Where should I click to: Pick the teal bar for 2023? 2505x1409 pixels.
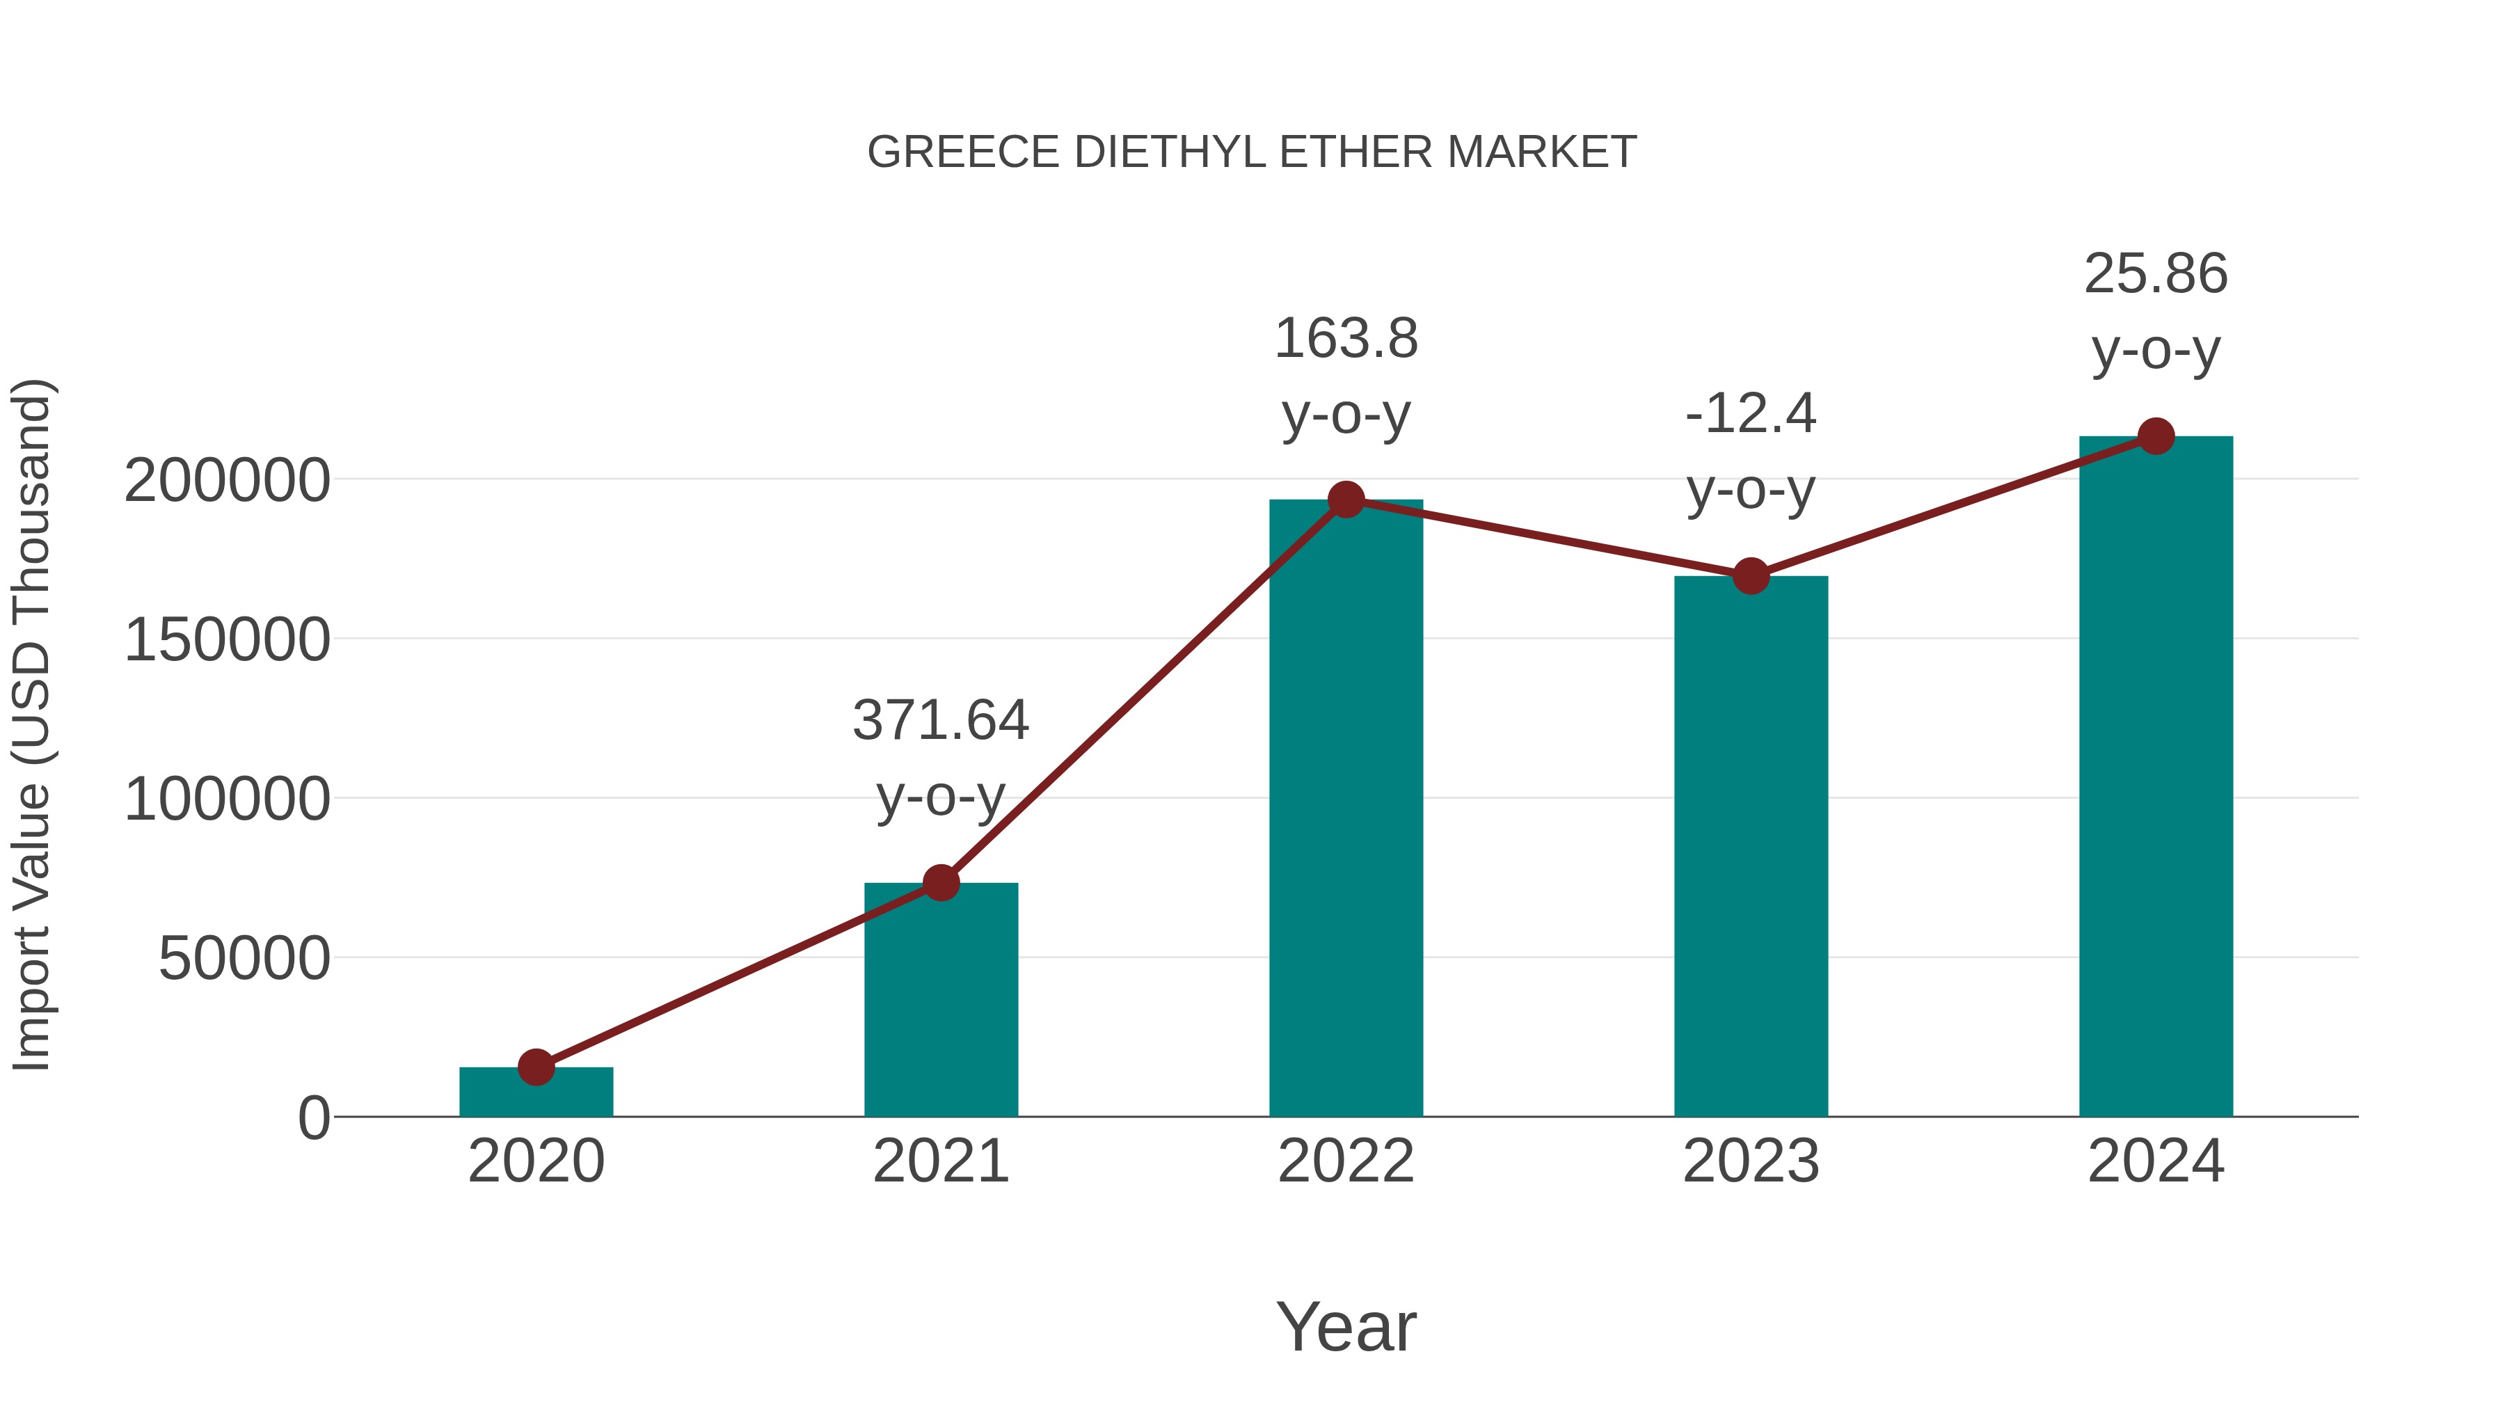coord(1751,846)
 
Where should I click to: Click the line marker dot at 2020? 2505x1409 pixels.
coord(536,1067)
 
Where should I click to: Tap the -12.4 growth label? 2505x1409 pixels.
coord(1751,413)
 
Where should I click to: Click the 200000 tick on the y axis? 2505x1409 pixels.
coord(228,480)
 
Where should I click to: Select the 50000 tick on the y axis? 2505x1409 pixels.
coord(244,959)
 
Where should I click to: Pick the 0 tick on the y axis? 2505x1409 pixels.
coord(314,1118)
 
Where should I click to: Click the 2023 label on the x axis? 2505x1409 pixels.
coord(1751,1161)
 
